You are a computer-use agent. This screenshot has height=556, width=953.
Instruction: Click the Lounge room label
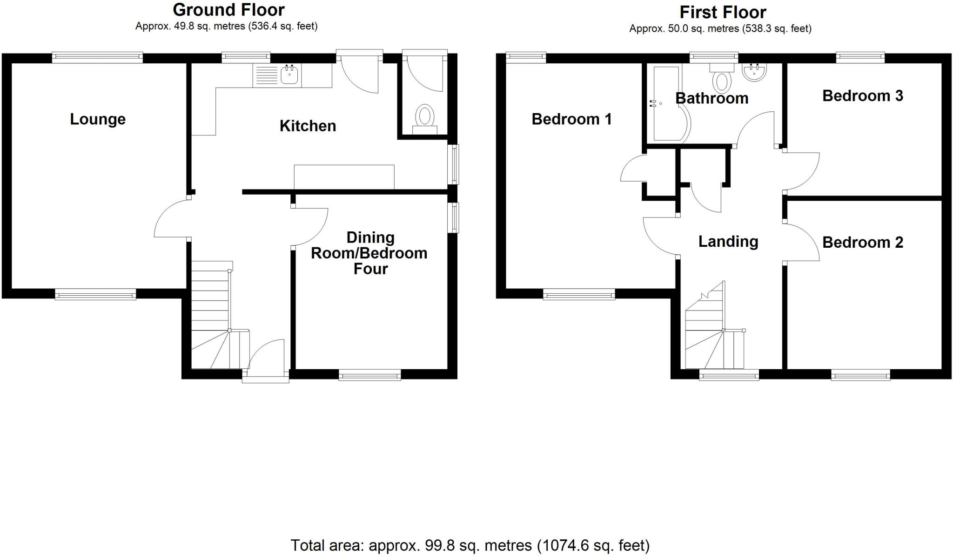(98, 119)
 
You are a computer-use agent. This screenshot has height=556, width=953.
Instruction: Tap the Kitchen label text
(308, 126)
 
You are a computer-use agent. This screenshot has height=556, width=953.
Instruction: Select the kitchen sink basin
(289, 75)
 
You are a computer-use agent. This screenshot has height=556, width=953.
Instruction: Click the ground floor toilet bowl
(424, 115)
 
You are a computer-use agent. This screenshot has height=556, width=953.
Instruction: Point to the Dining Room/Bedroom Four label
(369, 253)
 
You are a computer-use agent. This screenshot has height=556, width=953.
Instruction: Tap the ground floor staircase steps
(210, 303)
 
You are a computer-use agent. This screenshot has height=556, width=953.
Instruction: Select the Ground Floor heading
(228, 9)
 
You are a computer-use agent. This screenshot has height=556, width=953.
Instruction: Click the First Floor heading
(723, 12)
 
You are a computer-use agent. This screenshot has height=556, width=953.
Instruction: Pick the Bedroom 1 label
(571, 119)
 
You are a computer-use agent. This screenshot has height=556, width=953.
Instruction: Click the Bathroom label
(711, 98)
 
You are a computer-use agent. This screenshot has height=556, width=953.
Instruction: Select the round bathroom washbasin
(754, 73)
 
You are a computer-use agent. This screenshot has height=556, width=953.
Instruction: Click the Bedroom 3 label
(862, 96)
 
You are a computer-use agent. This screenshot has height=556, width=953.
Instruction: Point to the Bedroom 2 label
(862, 243)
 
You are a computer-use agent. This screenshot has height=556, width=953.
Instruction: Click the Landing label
(728, 241)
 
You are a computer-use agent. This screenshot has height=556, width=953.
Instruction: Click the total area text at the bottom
(470, 545)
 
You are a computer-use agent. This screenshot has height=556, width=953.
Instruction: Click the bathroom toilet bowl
(721, 81)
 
